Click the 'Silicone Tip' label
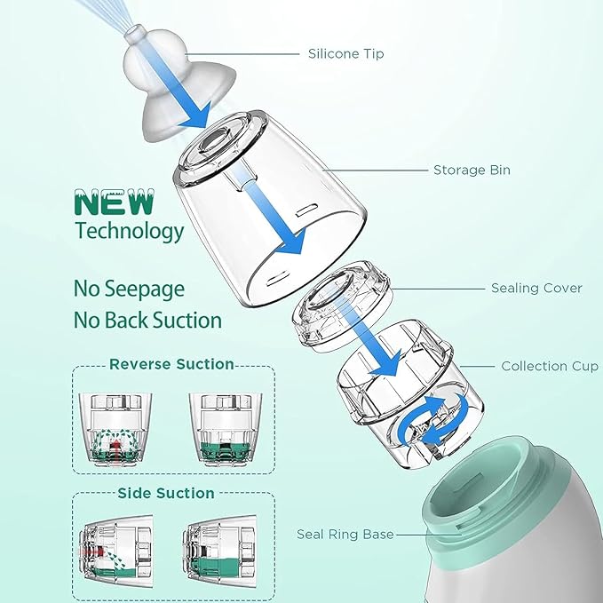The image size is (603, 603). (345, 54)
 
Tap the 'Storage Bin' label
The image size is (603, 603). (472, 170)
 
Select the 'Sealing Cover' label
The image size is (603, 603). (536, 288)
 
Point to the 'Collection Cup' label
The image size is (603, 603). (550, 366)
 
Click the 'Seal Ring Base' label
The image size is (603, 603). (345, 534)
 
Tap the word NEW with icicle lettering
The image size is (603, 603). (115, 202)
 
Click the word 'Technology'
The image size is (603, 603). (130, 231)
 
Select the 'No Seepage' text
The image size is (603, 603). (129, 290)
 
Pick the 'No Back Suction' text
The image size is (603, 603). (147, 320)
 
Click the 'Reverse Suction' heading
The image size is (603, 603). (171, 364)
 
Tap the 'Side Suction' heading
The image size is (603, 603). (166, 493)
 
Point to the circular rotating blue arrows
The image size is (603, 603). (433, 420)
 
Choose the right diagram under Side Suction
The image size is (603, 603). (219, 551)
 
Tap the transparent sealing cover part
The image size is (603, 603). (342, 305)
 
